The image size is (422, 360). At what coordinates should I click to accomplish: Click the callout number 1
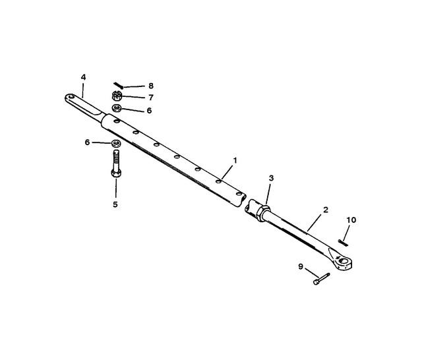click(x=235, y=161)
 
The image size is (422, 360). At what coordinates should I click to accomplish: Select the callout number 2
click(x=326, y=210)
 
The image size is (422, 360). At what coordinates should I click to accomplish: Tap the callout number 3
click(x=271, y=178)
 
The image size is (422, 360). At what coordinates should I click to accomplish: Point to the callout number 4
click(x=84, y=77)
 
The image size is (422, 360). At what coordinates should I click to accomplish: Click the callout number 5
click(x=115, y=204)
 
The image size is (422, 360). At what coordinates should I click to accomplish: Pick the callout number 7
click(x=151, y=98)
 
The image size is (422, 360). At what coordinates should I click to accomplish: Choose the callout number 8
click(x=151, y=86)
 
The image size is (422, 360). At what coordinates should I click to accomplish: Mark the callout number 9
click(x=301, y=266)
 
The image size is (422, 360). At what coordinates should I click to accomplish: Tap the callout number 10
click(x=351, y=220)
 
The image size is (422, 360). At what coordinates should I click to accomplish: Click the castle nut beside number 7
click(x=117, y=96)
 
